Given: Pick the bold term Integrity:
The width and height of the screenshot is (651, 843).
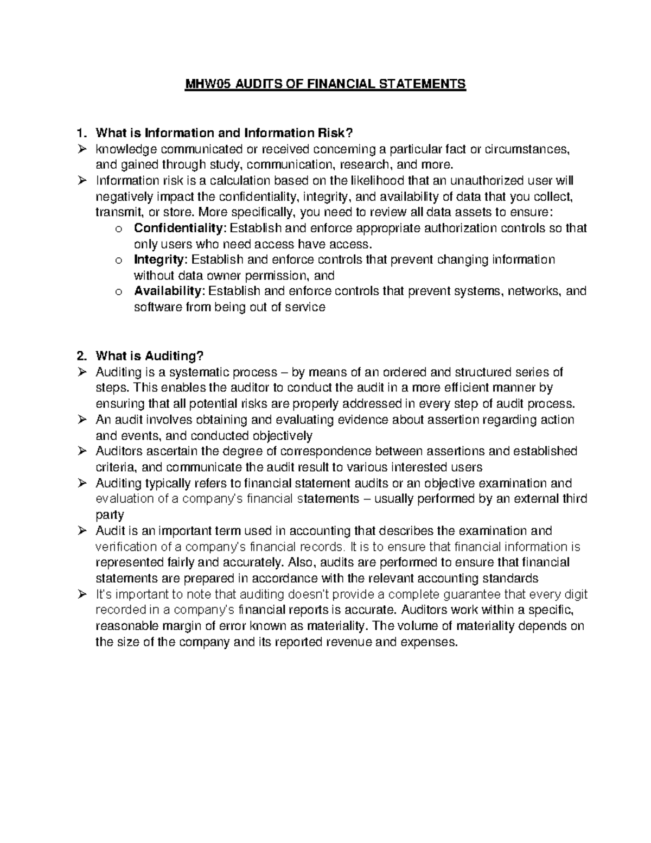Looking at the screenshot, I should point(160,259).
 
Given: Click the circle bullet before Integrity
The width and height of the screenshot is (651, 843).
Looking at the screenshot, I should point(119,261).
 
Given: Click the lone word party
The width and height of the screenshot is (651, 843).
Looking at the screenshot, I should point(110,515).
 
